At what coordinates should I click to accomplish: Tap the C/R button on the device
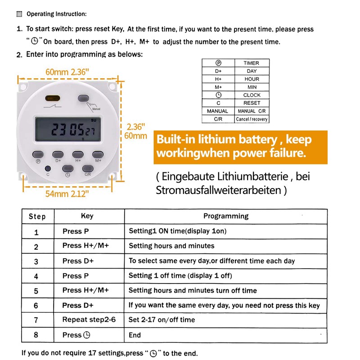88,169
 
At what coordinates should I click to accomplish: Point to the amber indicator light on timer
53,98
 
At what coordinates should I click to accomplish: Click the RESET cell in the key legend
252,103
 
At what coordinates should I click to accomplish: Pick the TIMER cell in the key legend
252,63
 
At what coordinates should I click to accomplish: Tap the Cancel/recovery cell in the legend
252,119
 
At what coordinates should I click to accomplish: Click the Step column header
37,216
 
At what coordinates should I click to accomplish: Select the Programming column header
225,216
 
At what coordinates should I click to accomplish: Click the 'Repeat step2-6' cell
89,320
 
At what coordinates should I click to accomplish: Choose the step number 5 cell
36,291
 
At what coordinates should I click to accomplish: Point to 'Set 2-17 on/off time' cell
162,320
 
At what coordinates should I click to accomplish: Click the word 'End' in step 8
135,335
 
